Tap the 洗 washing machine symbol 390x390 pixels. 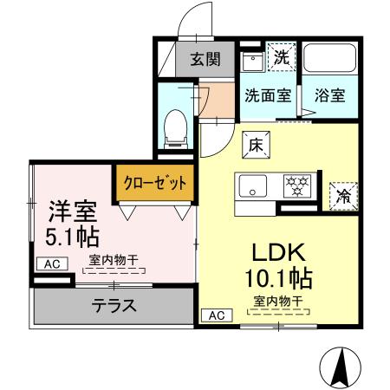click(282, 58)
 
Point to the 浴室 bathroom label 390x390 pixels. click(330, 95)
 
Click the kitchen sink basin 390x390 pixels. click(255, 184)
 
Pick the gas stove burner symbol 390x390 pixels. click(299, 184)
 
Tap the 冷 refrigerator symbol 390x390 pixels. click(342, 194)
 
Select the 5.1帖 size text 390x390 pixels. click(72, 236)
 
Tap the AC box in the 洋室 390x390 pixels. click(50, 263)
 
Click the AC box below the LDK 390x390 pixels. click(217, 315)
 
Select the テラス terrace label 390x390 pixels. click(113, 305)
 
